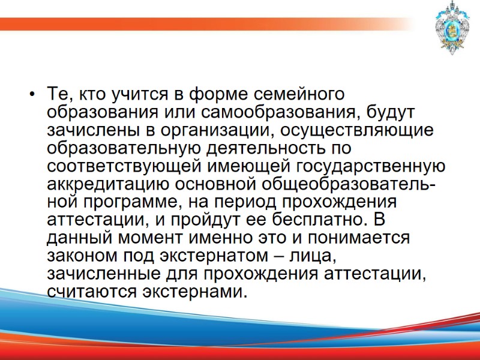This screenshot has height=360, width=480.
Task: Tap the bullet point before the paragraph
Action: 31,95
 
